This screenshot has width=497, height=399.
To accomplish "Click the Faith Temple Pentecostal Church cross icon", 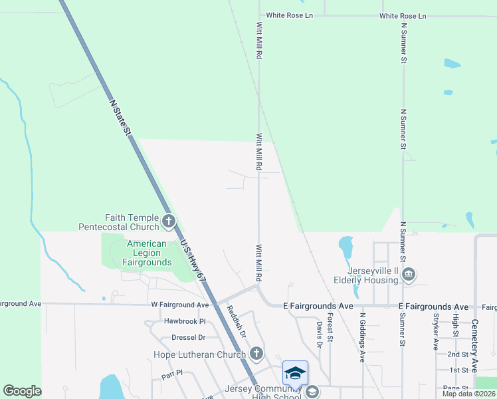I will coord(169,221).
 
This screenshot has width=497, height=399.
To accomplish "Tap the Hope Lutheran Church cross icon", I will coord(255,354).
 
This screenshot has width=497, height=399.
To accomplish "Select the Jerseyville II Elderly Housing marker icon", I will coord(409,273).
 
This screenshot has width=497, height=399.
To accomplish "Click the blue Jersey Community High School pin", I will coord(295,372).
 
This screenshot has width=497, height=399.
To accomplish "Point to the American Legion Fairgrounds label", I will coord(146,253).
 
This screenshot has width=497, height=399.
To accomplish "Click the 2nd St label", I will coord(458,354).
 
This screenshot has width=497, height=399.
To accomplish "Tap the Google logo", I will coord(22,391).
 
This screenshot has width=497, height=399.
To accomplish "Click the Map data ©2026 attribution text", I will coord(468,394).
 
